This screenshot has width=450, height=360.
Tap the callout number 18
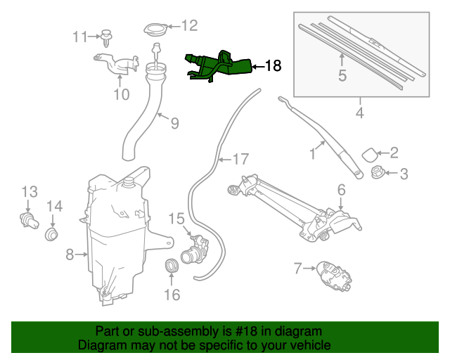(273, 66)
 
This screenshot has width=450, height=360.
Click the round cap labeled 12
(154, 30)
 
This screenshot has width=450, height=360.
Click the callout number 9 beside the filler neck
(174, 123)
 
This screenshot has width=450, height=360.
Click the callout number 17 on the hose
(240, 160)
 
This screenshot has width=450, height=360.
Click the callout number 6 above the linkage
(341, 189)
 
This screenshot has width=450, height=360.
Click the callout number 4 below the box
(359, 112)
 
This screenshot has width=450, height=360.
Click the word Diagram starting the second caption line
(101, 345)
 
